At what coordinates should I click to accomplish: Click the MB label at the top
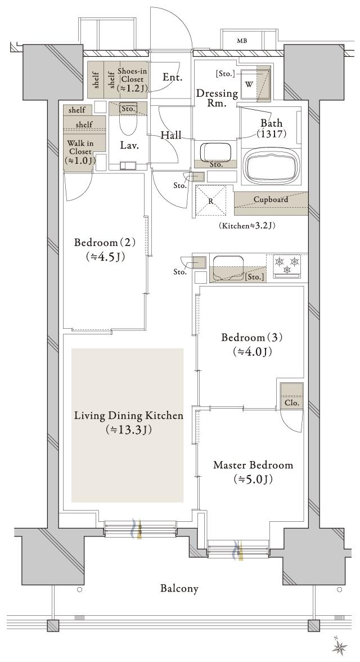tap(242, 41)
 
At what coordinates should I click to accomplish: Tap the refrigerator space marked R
tap(210, 200)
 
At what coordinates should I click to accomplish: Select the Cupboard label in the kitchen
tap(271, 200)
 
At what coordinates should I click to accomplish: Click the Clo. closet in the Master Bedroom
tap(291, 397)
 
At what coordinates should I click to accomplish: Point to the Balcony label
tap(179, 589)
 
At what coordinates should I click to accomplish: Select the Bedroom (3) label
tap(251, 338)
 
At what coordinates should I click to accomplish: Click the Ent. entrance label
tap(172, 77)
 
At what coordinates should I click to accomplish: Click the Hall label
tap(170, 135)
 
